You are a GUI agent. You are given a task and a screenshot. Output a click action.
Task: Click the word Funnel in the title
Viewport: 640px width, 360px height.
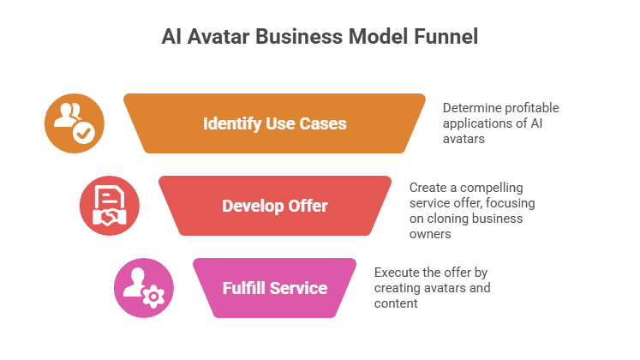click(441, 37)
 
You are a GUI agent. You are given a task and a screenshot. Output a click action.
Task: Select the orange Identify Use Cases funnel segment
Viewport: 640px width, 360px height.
click(274, 123)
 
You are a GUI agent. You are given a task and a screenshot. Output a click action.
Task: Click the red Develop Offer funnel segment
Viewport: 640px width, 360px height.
click(274, 206)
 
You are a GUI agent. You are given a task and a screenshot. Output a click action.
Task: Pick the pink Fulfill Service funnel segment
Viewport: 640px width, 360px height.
click(274, 287)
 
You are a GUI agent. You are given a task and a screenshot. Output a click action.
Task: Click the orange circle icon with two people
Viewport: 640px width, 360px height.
click(75, 123)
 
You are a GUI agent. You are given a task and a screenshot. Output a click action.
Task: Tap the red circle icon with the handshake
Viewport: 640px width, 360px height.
click(109, 206)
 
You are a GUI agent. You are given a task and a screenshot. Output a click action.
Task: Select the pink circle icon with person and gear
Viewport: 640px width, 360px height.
click(143, 287)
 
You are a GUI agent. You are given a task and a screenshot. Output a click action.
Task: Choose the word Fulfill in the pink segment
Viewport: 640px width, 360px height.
click(242, 287)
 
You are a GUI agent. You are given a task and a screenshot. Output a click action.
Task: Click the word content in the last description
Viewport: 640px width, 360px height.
click(396, 303)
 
